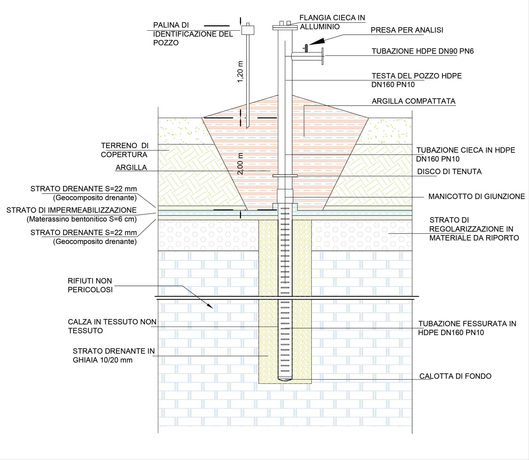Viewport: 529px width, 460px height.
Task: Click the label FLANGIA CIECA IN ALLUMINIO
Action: coord(332,22)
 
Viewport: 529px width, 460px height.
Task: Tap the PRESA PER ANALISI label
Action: coord(407,30)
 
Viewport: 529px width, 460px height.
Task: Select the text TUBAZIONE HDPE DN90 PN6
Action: coord(422,51)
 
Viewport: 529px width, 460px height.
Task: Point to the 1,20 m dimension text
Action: coord(240,72)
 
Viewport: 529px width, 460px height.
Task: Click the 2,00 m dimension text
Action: coord(240,164)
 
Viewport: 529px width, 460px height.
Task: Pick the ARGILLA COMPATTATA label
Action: coord(413,101)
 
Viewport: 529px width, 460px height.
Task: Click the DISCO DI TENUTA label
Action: coord(449,171)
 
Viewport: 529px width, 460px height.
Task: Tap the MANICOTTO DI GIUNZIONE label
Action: coord(476,196)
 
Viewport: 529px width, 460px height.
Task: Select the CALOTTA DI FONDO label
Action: coord(455,376)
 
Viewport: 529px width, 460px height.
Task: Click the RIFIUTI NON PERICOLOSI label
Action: coord(90,285)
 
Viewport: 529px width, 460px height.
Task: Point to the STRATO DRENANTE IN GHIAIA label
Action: coord(113,355)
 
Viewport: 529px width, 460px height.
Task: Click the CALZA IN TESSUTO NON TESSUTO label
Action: coord(112,326)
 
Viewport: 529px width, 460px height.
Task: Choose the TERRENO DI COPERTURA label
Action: coord(125,150)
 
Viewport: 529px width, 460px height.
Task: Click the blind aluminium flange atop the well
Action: coord(285,27)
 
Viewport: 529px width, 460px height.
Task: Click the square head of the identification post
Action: coord(248,30)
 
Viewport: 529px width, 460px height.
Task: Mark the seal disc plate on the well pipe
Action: coord(285,176)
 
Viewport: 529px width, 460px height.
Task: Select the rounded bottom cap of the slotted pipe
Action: coord(285,379)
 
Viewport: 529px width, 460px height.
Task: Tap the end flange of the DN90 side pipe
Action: coord(323,56)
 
